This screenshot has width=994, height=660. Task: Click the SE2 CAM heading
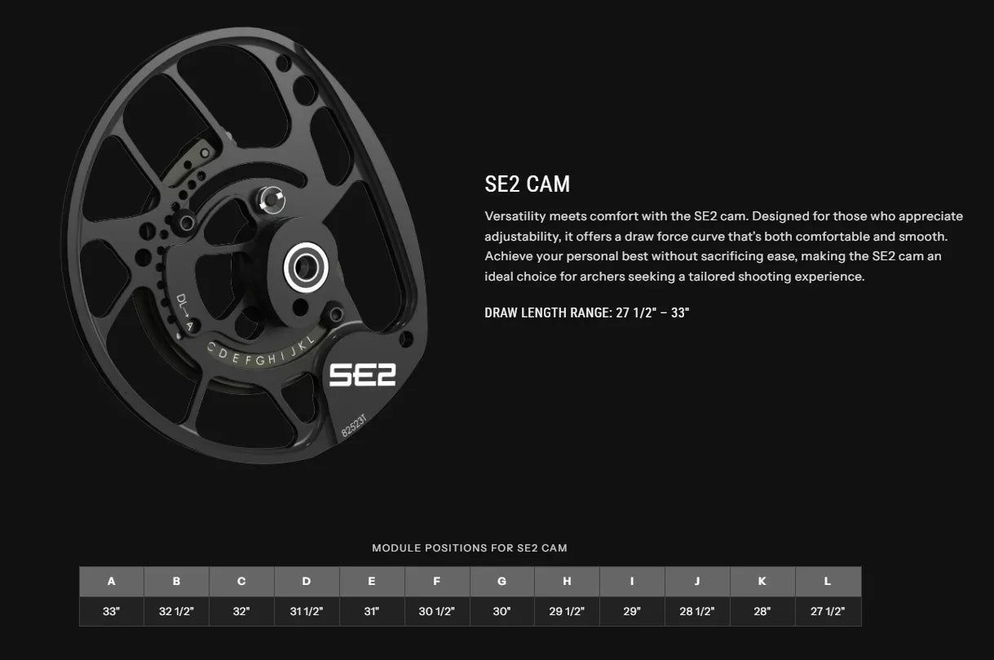pos(528,184)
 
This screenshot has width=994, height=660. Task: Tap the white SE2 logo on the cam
pos(362,375)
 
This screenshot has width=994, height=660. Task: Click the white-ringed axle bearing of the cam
pos(306,268)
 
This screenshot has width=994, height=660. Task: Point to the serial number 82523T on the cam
pos(354,426)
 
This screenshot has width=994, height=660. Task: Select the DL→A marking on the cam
pos(184,312)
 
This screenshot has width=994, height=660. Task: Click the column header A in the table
pos(112,581)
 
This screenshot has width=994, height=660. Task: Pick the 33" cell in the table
pos(112,611)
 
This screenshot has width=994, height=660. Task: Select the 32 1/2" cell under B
pos(177,611)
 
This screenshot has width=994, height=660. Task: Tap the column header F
pos(437,581)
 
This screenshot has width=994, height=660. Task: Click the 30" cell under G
pos(501,611)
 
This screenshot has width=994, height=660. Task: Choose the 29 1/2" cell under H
pos(567,611)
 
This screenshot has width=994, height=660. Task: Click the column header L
pos(828,581)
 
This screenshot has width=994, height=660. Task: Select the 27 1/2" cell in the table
pos(828,611)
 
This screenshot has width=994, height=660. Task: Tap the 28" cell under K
pos(762,611)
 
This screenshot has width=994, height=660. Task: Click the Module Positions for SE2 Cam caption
pos(470,548)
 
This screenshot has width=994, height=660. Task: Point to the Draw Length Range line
pos(586,313)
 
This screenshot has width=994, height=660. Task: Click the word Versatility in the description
pos(515,216)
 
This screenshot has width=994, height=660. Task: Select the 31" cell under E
pos(372,611)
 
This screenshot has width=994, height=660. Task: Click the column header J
pos(697,581)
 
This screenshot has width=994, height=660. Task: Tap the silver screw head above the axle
pos(272,200)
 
